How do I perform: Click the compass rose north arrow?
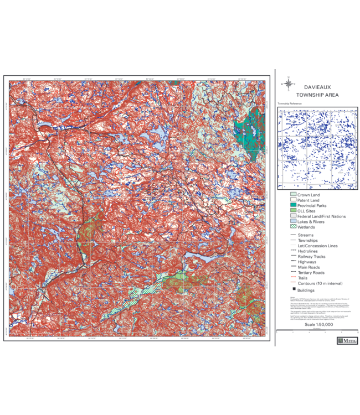[x=288, y=84]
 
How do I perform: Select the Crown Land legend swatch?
[x=293, y=195]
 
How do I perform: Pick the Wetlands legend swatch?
[x=293, y=227]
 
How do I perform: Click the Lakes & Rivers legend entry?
[x=311, y=221]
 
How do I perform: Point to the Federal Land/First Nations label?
[x=321, y=216]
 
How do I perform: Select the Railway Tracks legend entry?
[x=311, y=257]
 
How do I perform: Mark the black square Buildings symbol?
[x=293, y=290]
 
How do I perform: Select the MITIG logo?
[x=347, y=341]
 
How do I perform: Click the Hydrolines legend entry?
[x=307, y=251]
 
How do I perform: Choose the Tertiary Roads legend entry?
[x=311, y=272]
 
